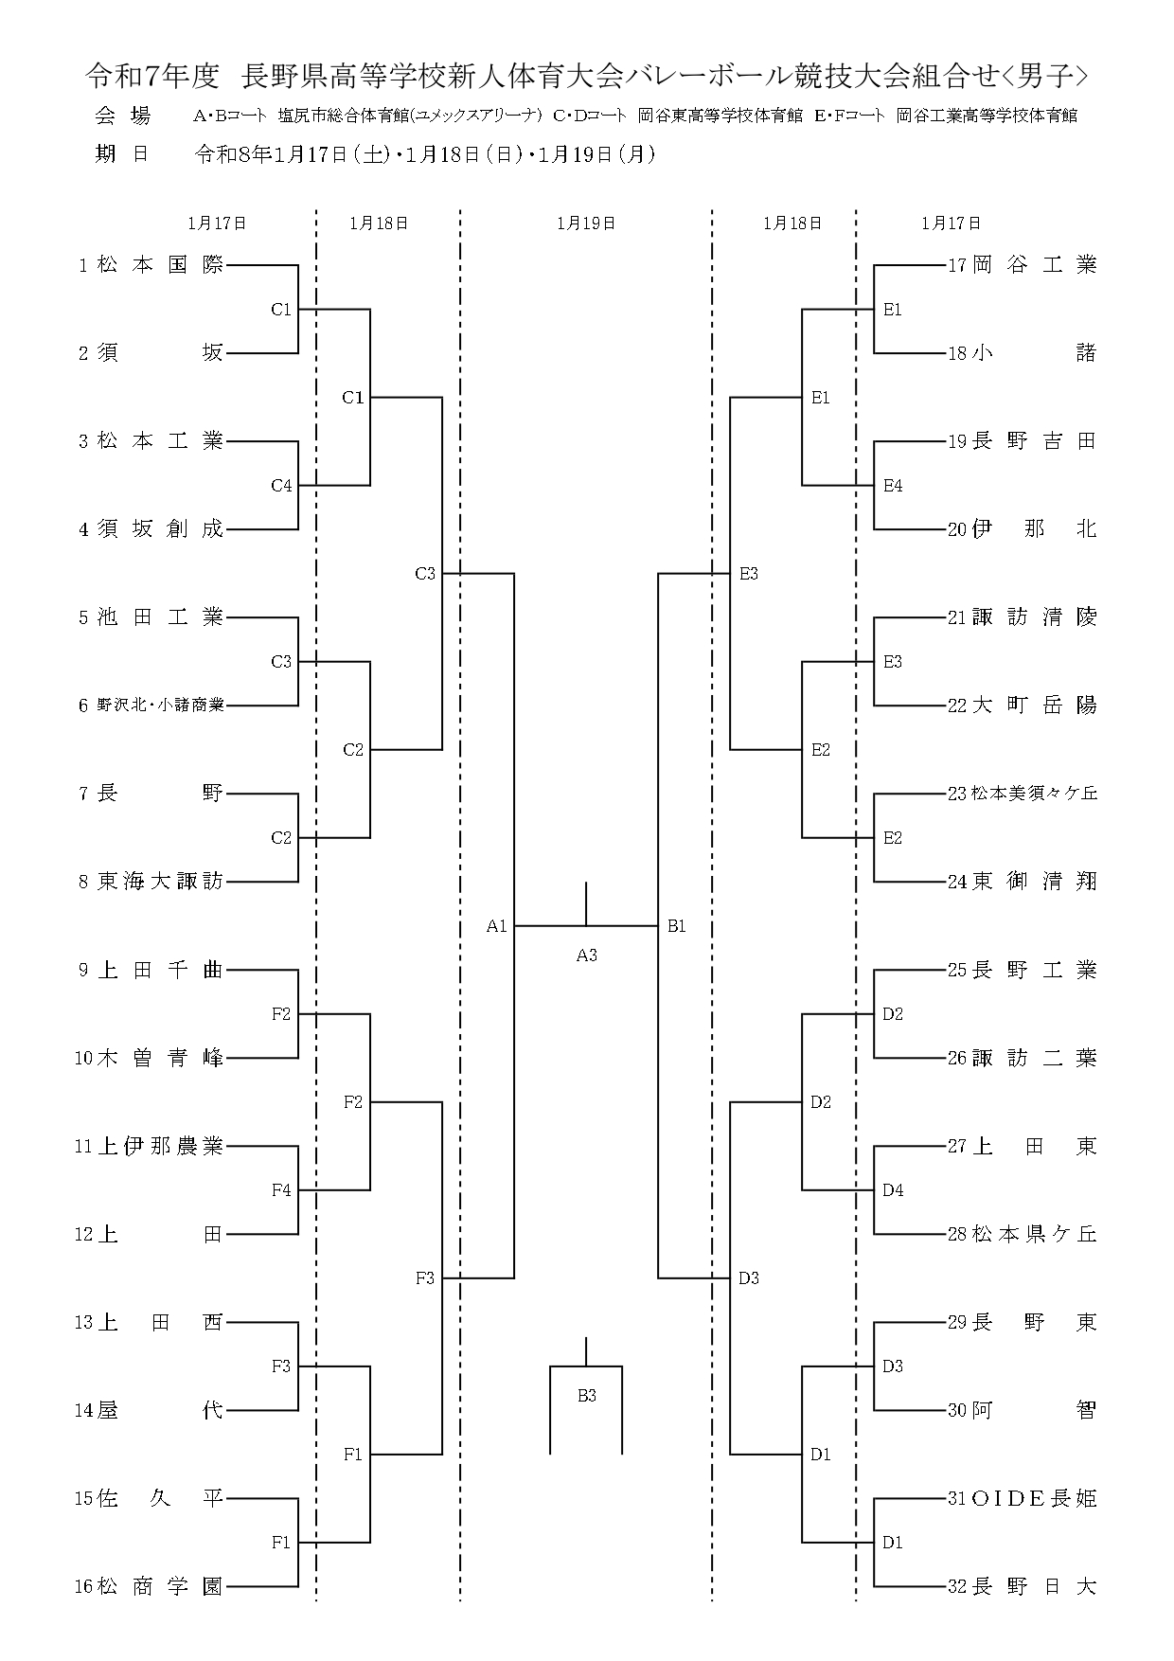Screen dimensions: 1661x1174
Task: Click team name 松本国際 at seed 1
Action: pyautogui.click(x=160, y=265)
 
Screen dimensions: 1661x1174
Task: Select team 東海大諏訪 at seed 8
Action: pyautogui.click(x=160, y=882)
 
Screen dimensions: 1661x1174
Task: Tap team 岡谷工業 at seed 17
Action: pyautogui.click(x=1034, y=265)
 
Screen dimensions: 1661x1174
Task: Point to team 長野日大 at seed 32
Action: pyautogui.click(x=1034, y=1586)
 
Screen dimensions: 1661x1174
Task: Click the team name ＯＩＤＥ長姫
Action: pyautogui.click(x=1034, y=1498)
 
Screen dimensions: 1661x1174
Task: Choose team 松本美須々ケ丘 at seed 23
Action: pyautogui.click(x=1034, y=794)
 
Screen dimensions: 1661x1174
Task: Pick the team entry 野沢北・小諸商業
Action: pyautogui.click(x=160, y=705)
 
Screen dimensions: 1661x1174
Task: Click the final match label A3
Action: pyautogui.click(x=587, y=956)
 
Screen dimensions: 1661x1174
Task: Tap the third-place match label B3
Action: pyautogui.click(x=587, y=1396)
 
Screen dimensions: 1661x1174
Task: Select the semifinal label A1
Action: pyautogui.click(x=497, y=926)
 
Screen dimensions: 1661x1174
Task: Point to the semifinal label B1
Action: pyautogui.click(x=676, y=926)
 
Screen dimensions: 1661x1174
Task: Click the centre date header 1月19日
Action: pyautogui.click(x=586, y=223)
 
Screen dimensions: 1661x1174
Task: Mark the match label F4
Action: pyautogui.click(x=281, y=1190)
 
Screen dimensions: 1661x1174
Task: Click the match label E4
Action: pyautogui.click(x=893, y=486)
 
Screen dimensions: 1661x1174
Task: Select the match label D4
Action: pyautogui.click(x=893, y=1190)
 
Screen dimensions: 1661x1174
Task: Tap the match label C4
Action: pyautogui.click(x=281, y=486)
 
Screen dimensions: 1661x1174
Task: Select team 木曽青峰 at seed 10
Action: pyautogui.click(x=160, y=1058)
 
